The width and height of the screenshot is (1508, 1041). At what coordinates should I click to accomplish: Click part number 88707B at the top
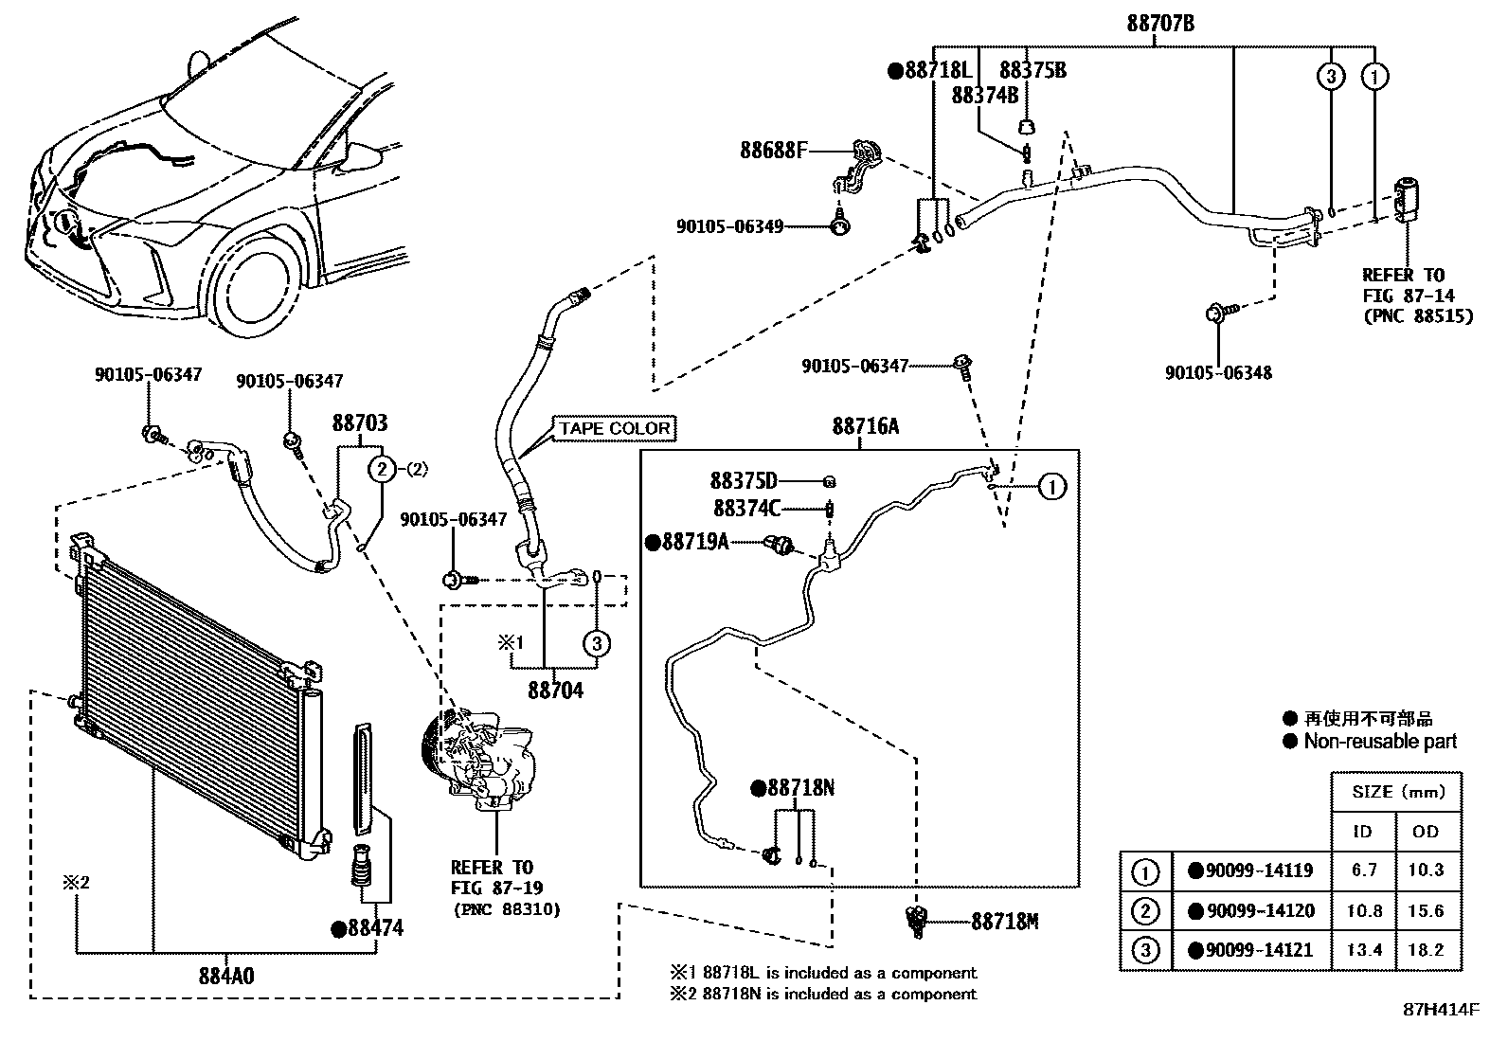tap(1159, 24)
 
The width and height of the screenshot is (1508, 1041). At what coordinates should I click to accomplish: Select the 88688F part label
tap(774, 150)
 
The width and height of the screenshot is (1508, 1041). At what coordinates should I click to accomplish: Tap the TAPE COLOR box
tap(614, 428)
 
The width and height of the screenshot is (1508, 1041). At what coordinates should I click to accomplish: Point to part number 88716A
tap(866, 426)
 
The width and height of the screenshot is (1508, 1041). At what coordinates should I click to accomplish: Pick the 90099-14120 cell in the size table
tap(1251, 911)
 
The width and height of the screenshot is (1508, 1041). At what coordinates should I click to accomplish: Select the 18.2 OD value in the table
tap(1425, 950)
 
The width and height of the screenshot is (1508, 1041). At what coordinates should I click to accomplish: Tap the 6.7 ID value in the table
tap(1364, 870)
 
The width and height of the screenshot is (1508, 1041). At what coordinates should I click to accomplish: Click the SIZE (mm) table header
tap(1397, 792)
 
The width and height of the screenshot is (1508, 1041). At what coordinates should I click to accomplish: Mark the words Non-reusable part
tap(1380, 742)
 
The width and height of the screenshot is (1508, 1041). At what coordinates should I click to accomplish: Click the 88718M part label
tap(1004, 921)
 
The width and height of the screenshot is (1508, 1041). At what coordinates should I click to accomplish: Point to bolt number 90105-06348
tap(1218, 372)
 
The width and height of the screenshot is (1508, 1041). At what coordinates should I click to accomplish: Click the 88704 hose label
tap(556, 691)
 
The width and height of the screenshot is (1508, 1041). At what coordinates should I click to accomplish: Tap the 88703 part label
tap(359, 423)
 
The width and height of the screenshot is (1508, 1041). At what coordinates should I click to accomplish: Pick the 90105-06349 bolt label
tap(729, 226)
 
